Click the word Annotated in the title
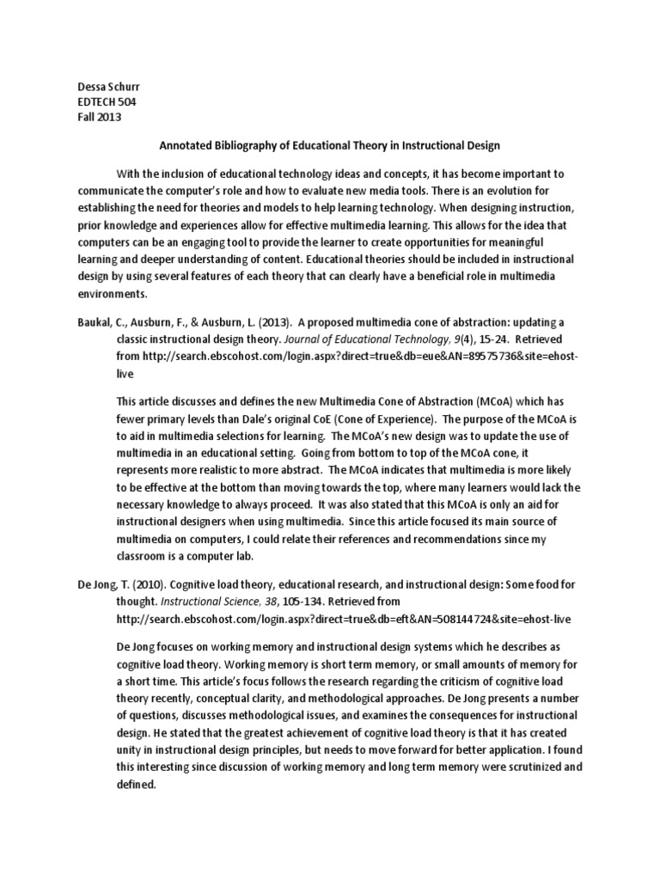(x=187, y=146)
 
